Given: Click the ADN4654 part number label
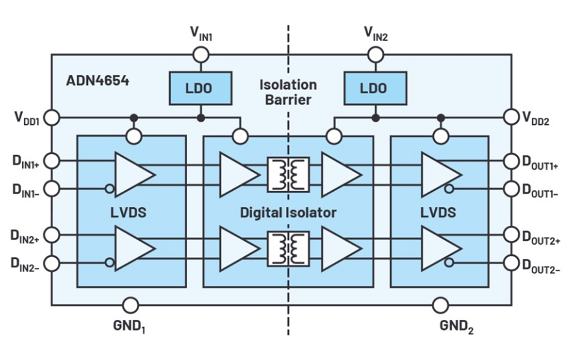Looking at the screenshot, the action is (98, 81).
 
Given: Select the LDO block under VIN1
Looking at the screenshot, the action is (201, 88).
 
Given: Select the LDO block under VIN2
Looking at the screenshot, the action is (375, 88).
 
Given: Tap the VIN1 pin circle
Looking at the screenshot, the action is (201, 55).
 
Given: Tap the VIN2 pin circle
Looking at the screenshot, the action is (375, 55).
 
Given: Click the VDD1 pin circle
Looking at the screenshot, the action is (52, 118).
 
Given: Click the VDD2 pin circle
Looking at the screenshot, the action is (511, 117).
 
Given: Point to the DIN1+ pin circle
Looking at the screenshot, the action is (52, 161).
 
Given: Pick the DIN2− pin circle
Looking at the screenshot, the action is (52, 264).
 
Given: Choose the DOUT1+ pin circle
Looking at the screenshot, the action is (511, 161).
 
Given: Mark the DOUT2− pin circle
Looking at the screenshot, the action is (511, 263).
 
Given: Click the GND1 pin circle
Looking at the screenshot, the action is (131, 305).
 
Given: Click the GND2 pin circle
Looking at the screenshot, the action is (440, 305).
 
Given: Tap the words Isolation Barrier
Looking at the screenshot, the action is (288, 92).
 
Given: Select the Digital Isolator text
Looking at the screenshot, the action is (288, 212).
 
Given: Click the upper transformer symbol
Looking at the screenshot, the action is (288, 175).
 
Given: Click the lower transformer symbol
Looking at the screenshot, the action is (288, 248).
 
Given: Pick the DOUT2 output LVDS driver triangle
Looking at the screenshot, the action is (441, 248).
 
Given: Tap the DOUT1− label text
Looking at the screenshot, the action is (540, 190).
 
